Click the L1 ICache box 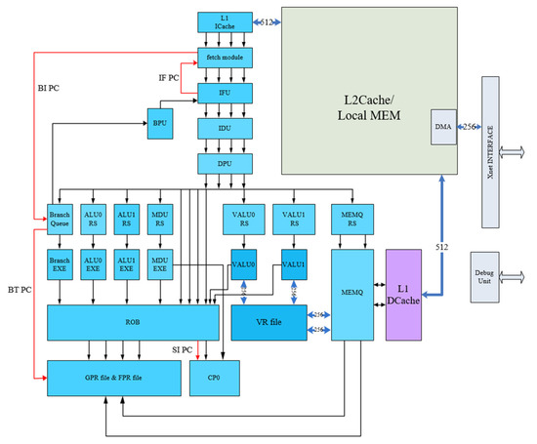(x=225, y=21)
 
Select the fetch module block (x=225, y=57)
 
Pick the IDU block (x=225, y=127)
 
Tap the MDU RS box (x=161, y=220)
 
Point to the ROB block (x=133, y=322)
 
